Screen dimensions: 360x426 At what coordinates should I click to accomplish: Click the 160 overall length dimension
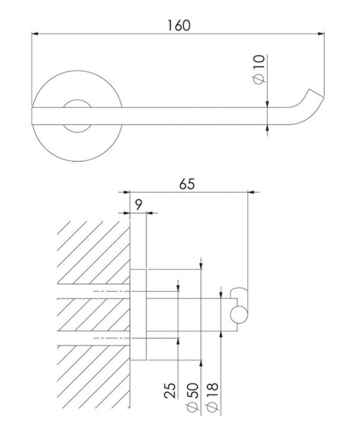(x=179, y=25)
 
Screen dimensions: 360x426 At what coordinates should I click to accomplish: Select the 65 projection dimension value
(x=187, y=184)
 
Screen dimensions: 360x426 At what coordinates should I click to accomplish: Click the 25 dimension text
(x=170, y=391)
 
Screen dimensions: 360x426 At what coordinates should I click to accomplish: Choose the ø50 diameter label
(x=192, y=399)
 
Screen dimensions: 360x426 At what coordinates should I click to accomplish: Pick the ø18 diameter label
(x=212, y=399)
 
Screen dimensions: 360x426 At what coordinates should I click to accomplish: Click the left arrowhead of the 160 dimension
(x=35, y=34)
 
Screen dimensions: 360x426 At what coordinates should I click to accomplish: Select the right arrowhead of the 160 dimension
(x=321, y=34)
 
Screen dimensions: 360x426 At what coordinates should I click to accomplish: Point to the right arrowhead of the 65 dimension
(x=251, y=192)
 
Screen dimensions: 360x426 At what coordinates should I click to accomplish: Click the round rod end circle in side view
(x=239, y=315)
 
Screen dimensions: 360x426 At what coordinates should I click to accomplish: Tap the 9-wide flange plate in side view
(x=138, y=315)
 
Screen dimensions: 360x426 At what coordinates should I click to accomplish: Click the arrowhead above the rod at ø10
(x=267, y=104)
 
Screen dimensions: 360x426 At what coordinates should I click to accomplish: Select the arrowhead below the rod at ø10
(x=267, y=128)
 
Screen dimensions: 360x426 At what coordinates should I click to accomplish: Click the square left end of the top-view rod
(x=32, y=116)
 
